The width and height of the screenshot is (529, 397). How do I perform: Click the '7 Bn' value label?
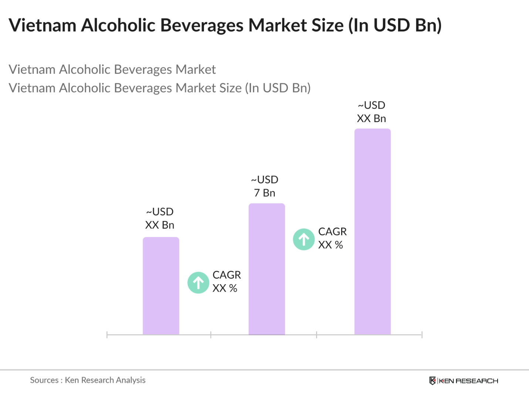(x=265, y=193)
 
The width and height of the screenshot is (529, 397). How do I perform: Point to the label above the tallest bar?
(x=372, y=112)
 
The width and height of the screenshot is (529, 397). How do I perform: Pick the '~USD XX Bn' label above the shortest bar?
(x=160, y=218)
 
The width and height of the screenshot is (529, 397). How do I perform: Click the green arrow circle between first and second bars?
(x=199, y=283)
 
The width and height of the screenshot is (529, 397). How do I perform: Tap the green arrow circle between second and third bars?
(x=304, y=239)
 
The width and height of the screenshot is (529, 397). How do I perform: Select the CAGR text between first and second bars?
(x=226, y=282)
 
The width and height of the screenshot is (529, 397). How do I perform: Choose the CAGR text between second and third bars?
(x=332, y=238)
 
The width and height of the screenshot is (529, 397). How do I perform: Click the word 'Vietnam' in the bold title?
(x=43, y=26)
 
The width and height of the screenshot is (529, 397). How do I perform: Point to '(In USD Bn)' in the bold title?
(x=395, y=26)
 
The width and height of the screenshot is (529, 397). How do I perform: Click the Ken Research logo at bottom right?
(x=464, y=381)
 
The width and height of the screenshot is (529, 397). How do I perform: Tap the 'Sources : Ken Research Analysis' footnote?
(x=88, y=380)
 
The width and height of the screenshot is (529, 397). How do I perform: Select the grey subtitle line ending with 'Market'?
(x=112, y=70)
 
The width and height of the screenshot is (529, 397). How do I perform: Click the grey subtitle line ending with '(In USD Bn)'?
(x=159, y=88)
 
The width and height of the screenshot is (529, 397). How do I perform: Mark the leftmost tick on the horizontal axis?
(x=107, y=335)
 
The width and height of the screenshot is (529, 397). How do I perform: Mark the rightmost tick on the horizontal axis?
(x=422, y=335)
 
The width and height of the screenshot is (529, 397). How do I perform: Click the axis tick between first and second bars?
(x=211, y=335)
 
